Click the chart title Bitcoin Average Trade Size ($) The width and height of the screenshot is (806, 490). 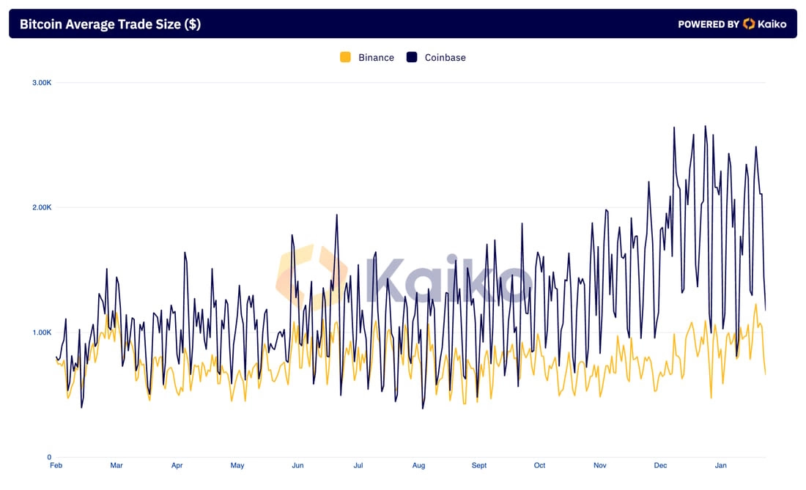click(110, 24)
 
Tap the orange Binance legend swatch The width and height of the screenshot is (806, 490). click(345, 57)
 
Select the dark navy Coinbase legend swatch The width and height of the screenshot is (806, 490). click(412, 57)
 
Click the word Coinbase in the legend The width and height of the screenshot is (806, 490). click(445, 58)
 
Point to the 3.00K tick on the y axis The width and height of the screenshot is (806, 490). click(42, 83)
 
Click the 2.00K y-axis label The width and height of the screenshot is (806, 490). click(42, 207)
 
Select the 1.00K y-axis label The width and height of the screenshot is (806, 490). click(42, 333)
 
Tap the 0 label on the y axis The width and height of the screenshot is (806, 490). click(49, 457)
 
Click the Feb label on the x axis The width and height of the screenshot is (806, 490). click(56, 465)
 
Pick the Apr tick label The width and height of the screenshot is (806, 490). click(177, 465)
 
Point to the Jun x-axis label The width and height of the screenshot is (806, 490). click(297, 465)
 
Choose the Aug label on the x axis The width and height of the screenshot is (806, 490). click(418, 465)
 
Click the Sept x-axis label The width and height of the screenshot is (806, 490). click(479, 465)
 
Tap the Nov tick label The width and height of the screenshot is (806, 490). click(600, 465)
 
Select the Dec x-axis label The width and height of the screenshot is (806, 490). click(660, 465)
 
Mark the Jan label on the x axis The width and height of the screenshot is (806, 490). click(721, 465)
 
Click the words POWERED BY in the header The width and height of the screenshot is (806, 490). click(709, 24)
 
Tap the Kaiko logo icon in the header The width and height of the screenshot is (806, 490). click(749, 23)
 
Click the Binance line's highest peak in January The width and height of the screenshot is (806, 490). click(755, 305)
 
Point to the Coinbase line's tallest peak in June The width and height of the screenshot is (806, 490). click(337, 215)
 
